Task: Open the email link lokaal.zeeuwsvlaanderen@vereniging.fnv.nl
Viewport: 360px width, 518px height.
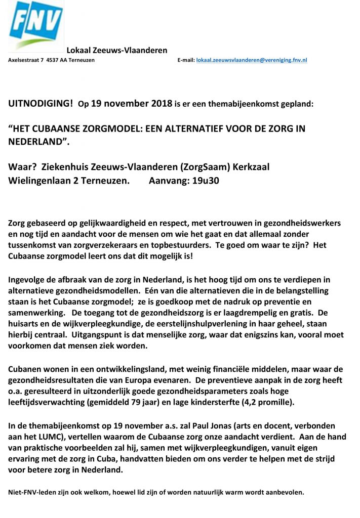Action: point(252,60)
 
